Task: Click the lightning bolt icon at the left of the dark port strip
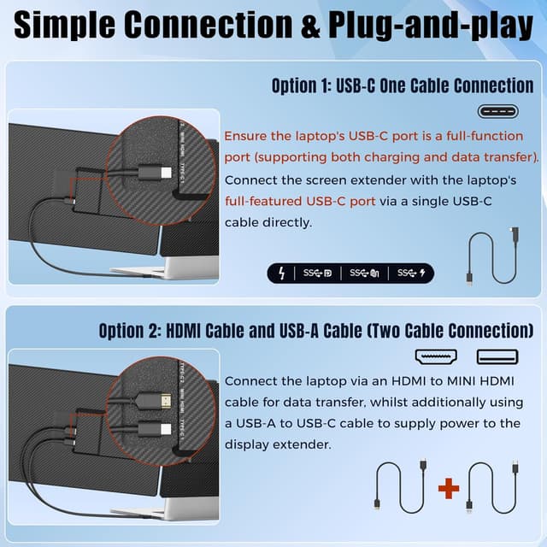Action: click(x=281, y=273)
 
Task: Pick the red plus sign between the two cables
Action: click(x=448, y=488)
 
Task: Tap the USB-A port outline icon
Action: click(x=497, y=357)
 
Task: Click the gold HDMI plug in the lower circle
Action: click(x=159, y=397)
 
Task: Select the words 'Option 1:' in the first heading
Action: click(x=302, y=86)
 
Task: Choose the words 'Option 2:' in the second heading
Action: click(x=129, y=331)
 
